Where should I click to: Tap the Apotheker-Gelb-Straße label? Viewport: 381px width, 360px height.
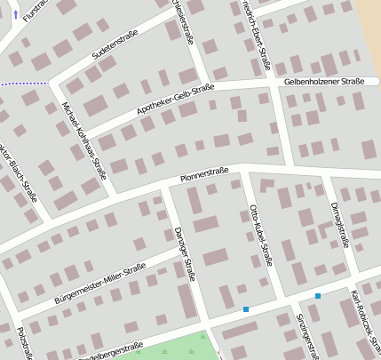175,100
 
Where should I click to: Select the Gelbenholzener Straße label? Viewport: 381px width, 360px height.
324,82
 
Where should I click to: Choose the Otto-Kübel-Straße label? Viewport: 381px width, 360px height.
258,236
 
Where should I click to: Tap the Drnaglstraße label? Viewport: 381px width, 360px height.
339,223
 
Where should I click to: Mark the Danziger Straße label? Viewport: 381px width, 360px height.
184,252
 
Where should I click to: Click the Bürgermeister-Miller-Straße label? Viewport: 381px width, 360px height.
99,284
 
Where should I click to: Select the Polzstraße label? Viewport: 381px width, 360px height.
25,342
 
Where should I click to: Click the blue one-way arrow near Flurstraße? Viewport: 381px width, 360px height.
15,15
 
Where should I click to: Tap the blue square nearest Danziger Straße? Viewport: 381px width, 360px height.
246,309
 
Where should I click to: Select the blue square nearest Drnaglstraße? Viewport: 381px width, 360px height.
317,295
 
